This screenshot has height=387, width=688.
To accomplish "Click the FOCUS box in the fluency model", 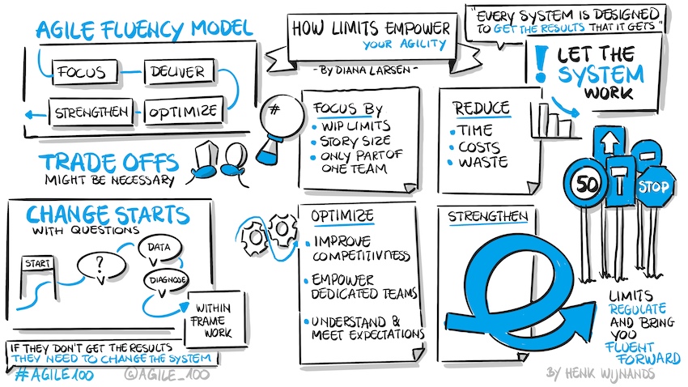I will pos(82,72).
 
